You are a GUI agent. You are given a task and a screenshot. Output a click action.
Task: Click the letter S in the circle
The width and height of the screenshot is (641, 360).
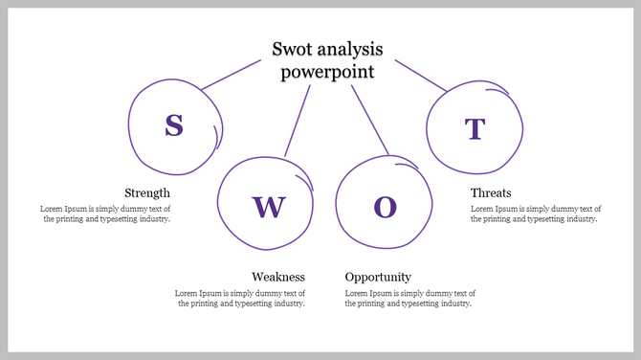[x=173, y=125]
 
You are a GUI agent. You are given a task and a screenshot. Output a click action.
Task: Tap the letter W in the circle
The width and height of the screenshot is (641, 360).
[x=269, y=206]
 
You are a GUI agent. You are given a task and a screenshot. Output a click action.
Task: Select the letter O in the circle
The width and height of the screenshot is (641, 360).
[x=385, y=207]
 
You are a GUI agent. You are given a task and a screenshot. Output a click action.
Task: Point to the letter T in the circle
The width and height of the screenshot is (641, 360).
[x=475, y=129]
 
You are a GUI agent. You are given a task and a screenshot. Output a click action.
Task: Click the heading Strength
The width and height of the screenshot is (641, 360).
[x=147, y=192]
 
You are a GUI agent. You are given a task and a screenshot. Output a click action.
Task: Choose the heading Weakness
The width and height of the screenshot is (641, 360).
[x=278, y=277]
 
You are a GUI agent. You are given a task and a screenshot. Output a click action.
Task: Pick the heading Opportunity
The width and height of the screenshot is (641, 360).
[x=378, y=277]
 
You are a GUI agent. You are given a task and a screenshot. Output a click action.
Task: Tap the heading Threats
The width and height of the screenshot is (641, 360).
[x=491, y=192]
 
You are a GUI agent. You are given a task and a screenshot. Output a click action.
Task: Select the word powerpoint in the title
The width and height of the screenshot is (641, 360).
[x=327, y=72]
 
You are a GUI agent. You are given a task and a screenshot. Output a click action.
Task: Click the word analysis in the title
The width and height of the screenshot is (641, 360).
[x=350, y=49]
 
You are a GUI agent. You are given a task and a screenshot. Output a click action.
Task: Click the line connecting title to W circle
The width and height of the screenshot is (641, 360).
[x=298, y=121]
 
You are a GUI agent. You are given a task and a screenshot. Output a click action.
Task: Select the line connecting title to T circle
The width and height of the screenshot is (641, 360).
[x=420, y=76]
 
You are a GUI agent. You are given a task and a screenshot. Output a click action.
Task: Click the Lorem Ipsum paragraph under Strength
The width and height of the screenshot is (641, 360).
[x=105, y=214]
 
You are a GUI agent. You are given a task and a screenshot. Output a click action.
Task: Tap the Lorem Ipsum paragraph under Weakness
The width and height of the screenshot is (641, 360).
[x=240, y=298]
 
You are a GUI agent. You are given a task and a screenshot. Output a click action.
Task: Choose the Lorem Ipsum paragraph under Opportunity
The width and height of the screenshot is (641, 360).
[x=409, y=298]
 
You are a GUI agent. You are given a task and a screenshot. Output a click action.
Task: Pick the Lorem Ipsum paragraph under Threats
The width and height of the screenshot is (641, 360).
[x=536, y=214]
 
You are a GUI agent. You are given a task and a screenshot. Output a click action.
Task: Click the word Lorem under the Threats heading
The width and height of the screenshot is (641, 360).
[x=482, y=208]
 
